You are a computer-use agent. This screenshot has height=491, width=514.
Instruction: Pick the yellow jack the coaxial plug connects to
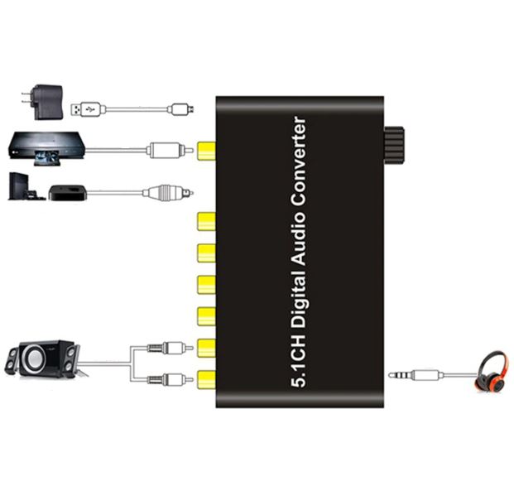(x=206, y=150)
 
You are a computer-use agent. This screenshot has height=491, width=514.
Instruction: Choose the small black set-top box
(x=67, y=193)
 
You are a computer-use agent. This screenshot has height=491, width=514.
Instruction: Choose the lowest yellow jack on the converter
(x=206, y=380)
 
